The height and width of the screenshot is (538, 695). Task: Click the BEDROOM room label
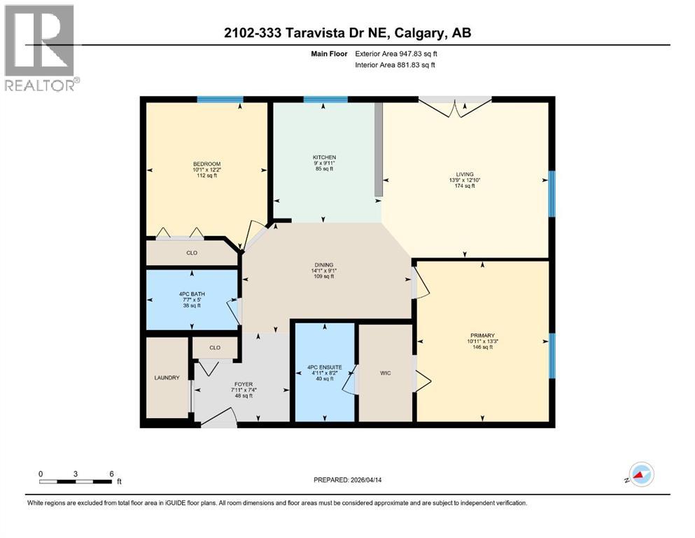(206, 164)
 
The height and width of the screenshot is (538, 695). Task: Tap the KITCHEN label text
(324, 157)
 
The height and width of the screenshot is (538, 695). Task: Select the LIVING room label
(465, 174)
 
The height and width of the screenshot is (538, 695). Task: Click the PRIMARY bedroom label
(482, 336)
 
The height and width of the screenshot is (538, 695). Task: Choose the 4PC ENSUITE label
(324, 366)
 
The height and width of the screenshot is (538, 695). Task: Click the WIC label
(385, 373)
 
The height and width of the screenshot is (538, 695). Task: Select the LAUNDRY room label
(167, 378)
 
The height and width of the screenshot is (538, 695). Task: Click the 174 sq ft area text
(465, 186)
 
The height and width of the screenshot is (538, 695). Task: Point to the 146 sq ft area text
(482, 347)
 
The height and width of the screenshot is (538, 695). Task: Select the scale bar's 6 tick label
(111, 473)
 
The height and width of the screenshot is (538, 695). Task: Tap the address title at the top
(348, 33)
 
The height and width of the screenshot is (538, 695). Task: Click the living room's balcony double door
(455, 105)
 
